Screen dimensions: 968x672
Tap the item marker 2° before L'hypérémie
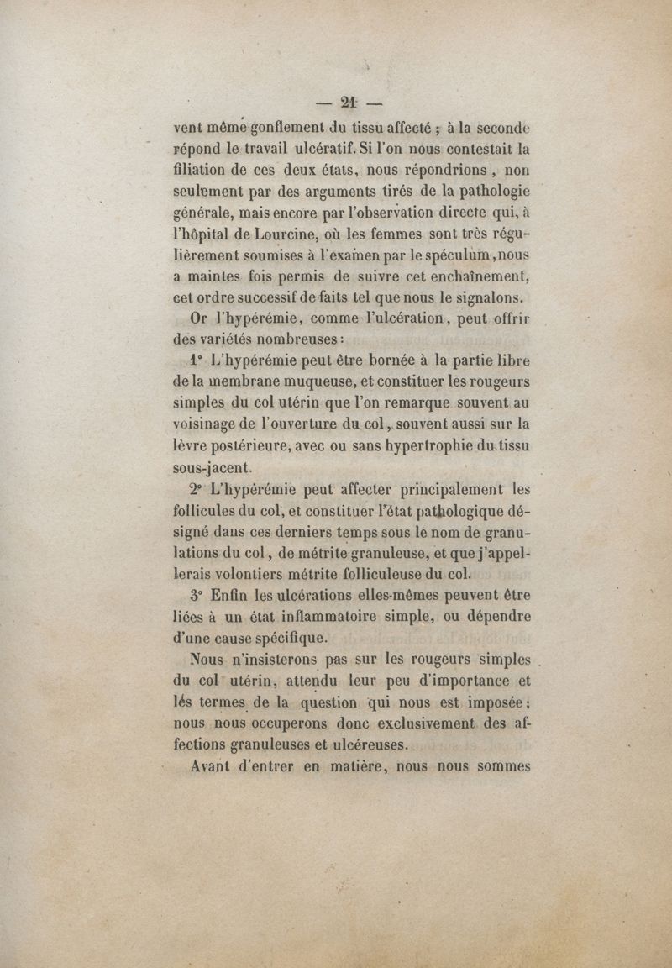tap(199, 489)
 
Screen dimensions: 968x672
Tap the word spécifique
tap(281, 638)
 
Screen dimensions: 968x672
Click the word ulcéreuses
tap(365, 744)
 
